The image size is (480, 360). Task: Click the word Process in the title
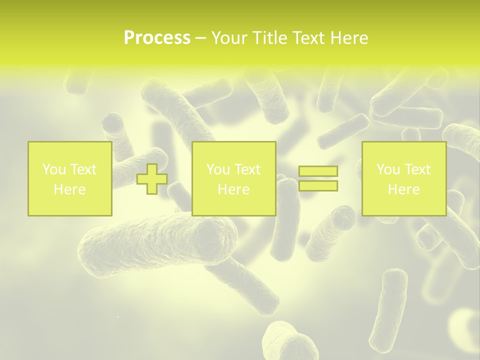(x=157, y=38)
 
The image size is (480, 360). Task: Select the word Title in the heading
(x=270, y=38)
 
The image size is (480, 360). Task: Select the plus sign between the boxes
(x=152, y=178)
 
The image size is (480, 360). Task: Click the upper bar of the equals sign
(x=318, y=171)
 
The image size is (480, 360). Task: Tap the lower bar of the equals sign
(x=318, y=186)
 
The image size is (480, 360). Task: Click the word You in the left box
(x=54, y=169)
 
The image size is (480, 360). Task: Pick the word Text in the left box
(x=82, y=169)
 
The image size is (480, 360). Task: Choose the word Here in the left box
(x=69, y=189)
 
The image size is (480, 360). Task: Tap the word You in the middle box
(x=218, y=169)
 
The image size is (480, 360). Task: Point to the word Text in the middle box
(x=246, y=169)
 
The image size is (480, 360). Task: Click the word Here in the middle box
(x=233, y=189)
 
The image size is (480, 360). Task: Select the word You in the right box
(x=388, y=169)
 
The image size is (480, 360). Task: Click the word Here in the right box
(x=403, y=189)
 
